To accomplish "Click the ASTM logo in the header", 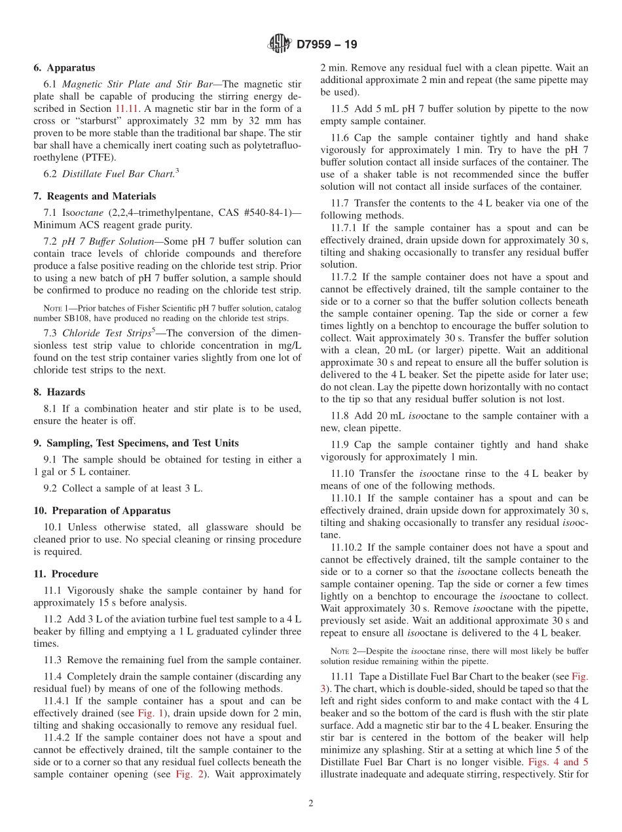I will click(x=280, y=44).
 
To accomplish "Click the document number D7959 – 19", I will click(x=326, y=45).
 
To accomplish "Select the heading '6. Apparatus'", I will click(x=64, y=68).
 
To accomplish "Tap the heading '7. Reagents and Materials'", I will click(x=94, y=196).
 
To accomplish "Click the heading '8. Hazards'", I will click(x=59, y=392).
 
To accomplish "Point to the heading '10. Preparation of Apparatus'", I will click(x=101, y=511).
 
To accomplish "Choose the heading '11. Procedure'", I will click(x=65, y=574).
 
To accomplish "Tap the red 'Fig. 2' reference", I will click(x=187, y=774).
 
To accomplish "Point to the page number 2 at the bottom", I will click(x=311, y=804).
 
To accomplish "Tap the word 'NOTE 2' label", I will click(x=340, y=651).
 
